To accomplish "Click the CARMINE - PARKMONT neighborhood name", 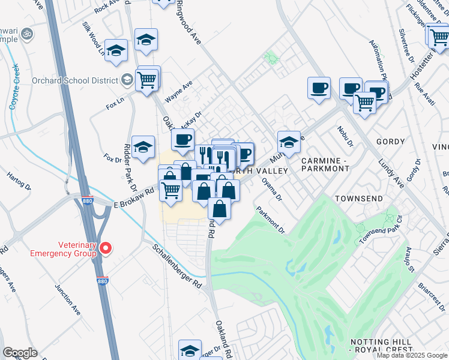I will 325,165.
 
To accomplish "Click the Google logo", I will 20,353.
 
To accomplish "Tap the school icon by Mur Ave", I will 289,143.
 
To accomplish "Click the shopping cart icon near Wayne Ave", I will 147,79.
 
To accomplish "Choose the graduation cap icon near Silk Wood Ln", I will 116,51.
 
